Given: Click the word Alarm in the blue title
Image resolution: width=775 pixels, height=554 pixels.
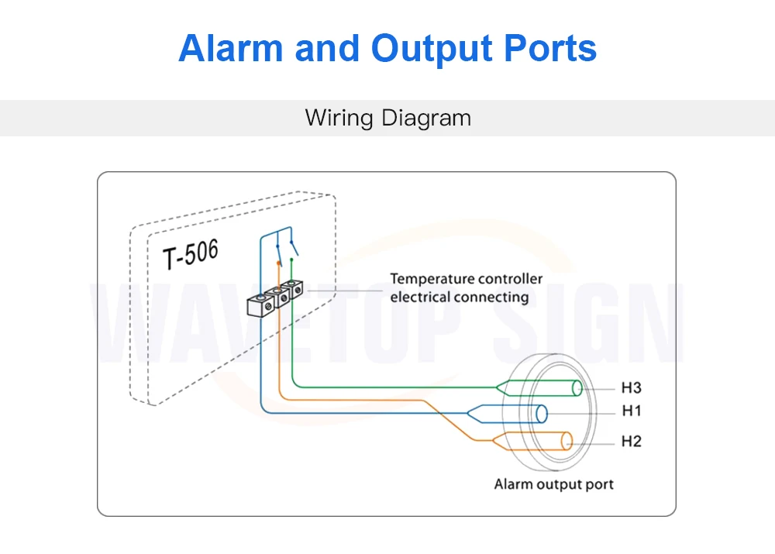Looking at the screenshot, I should click(230, 48).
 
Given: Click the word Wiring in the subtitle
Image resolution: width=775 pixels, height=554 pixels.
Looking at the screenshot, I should click(339, 118).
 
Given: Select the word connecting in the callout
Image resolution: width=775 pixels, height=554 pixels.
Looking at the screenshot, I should click(491, 297).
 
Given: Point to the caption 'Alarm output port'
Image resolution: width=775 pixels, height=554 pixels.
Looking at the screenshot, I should click(553, 484).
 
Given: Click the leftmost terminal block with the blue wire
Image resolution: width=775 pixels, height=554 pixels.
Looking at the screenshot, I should click(260, 306).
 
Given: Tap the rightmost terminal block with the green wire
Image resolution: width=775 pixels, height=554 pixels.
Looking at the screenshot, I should click(293, 289).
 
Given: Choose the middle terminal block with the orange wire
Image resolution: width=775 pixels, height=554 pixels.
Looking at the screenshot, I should click(277, 297).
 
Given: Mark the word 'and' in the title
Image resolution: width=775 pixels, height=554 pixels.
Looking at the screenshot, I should click(326, 48).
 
